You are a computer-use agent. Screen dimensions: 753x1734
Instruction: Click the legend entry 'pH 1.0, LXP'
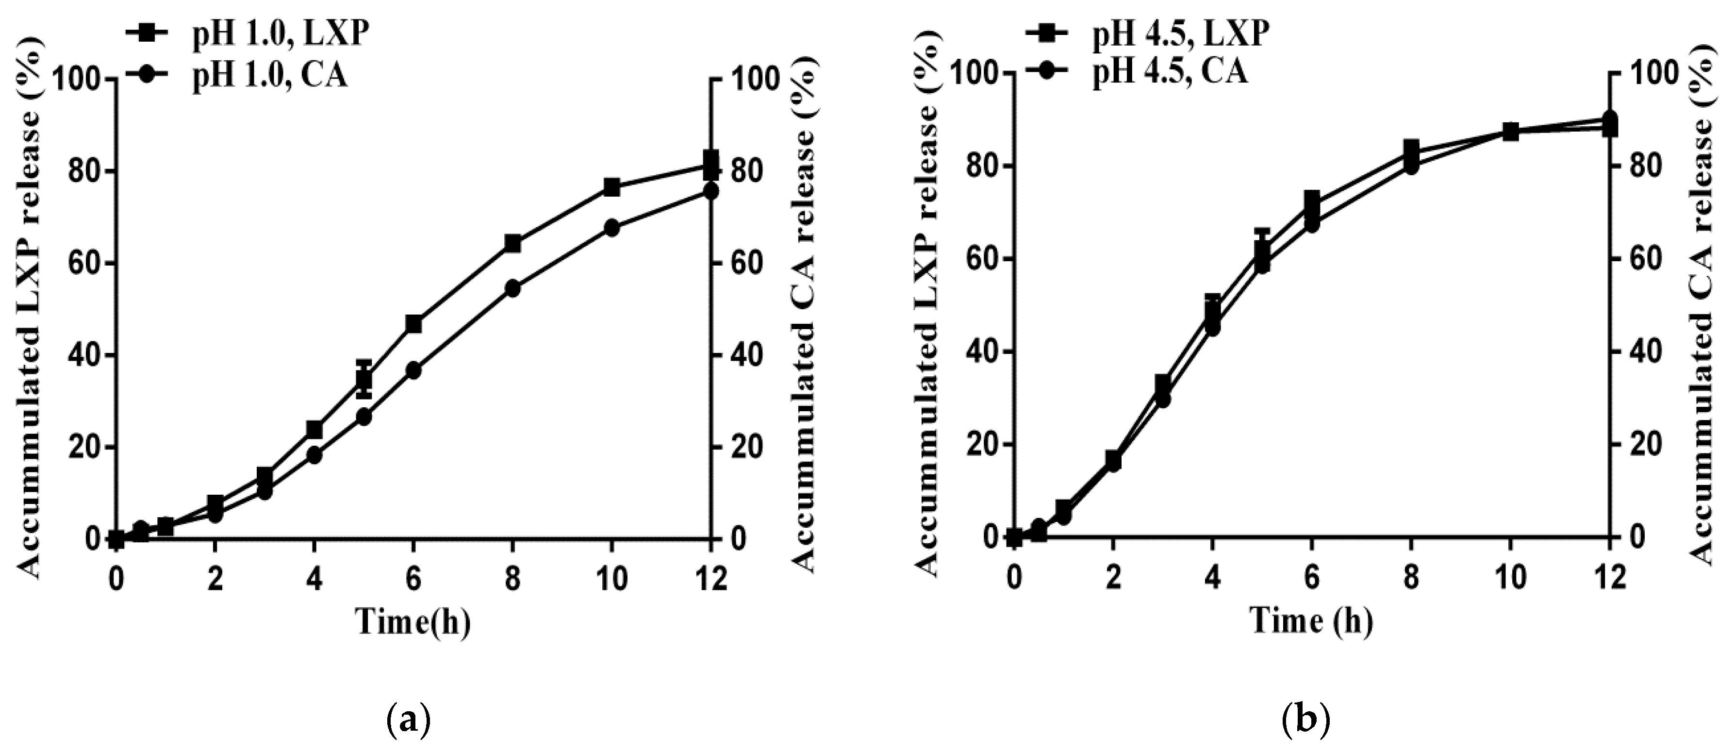(280, 33)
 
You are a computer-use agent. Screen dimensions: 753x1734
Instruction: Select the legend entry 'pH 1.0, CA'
(269, 75)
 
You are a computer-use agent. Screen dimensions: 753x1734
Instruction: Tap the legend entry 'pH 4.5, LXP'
(1180, 33)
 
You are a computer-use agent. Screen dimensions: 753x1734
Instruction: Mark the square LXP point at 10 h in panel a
(611, 187)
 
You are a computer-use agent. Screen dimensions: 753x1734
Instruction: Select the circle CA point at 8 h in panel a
(512, 288)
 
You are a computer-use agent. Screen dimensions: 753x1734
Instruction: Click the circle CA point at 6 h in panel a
(413, 370)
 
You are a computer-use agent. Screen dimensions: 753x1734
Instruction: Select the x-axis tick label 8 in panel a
(512, 578)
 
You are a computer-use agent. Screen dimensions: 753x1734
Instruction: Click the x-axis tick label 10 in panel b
(1510, 578)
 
